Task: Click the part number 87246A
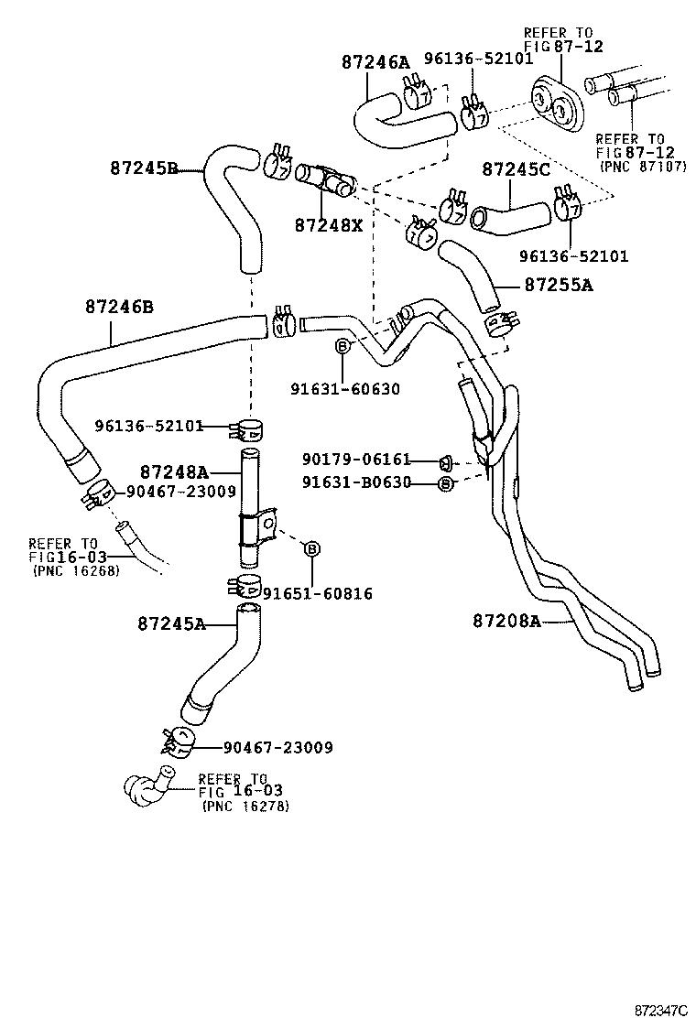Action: coord(375,62)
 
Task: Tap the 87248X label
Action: coord(329,224)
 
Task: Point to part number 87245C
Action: coord(517,169)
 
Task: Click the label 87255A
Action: coord(559,285)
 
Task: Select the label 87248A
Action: coord(175,472)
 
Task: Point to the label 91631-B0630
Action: coord(356,482)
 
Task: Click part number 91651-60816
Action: coord(317,594)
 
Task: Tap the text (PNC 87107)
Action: coord(642,168)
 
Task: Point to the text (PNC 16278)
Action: coord(245,807)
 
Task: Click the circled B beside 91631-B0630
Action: coord(445,483)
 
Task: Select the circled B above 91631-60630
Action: coord(343,346)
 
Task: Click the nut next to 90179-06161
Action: coord(447,460)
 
